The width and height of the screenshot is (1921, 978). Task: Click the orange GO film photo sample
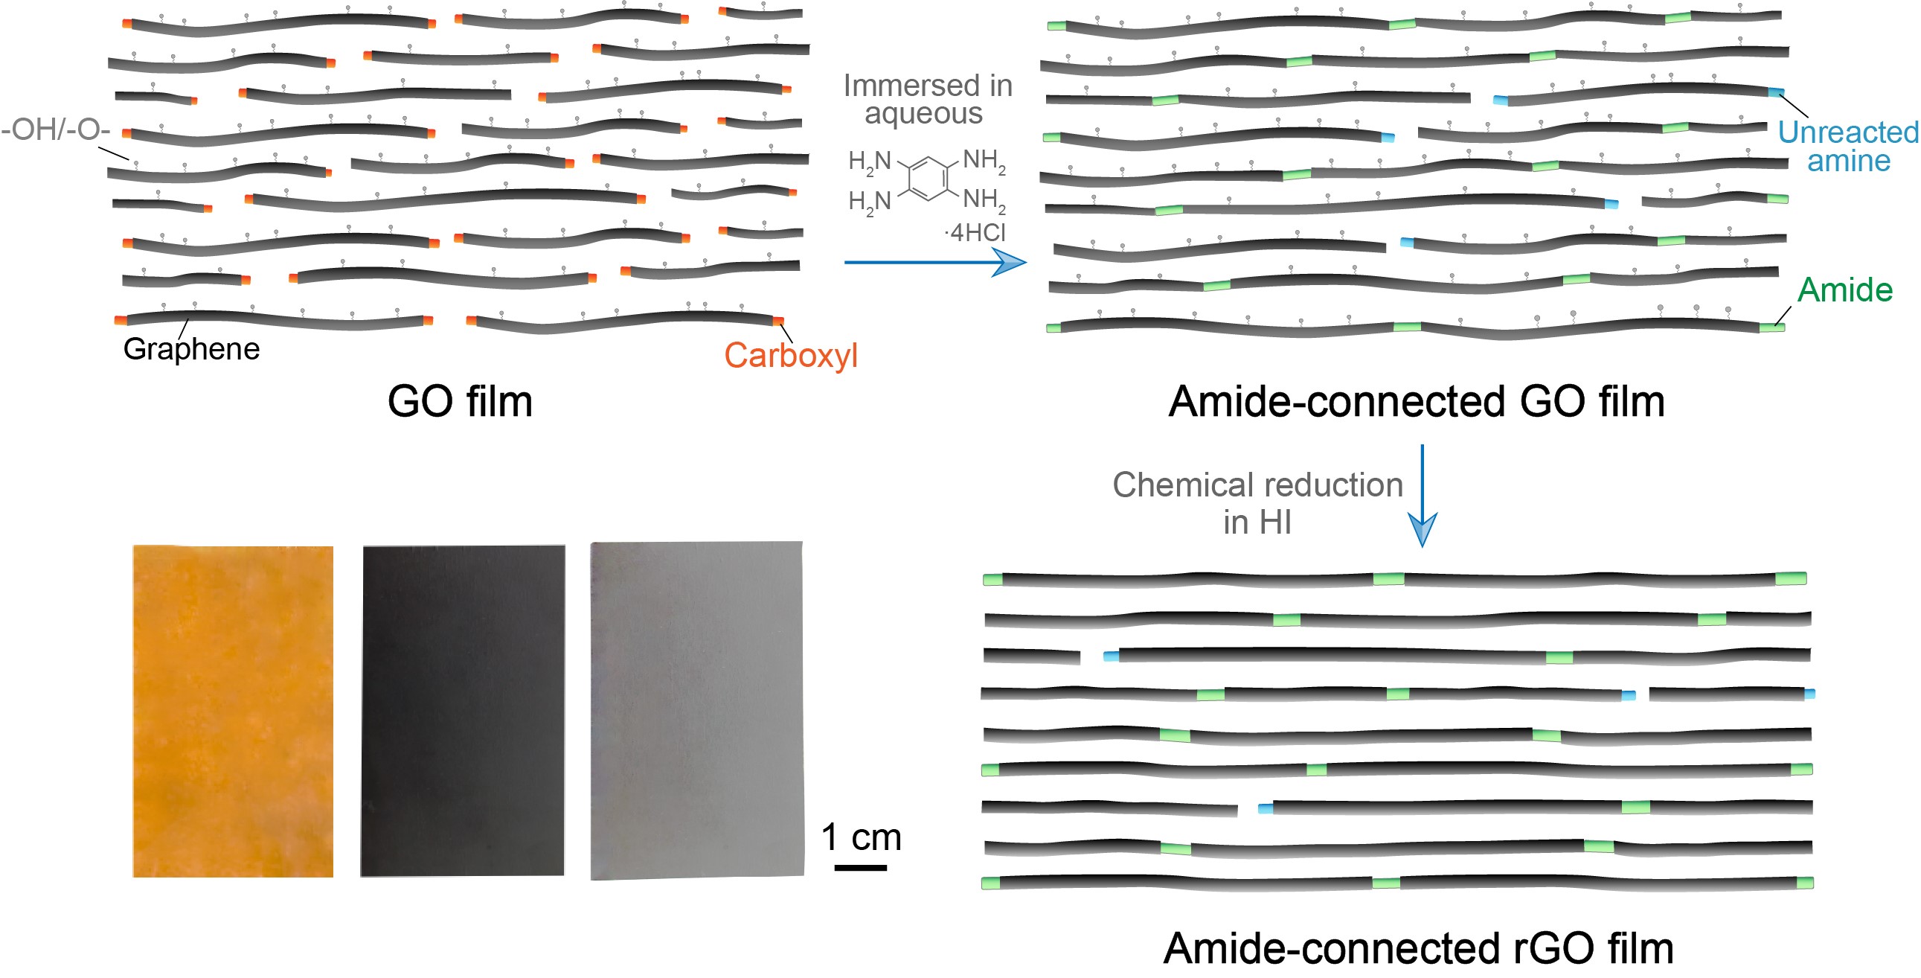(x=233, y=711)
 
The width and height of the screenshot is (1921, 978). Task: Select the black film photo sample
(x=462, y=710)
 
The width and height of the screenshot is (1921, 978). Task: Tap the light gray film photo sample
(x=697, y=710)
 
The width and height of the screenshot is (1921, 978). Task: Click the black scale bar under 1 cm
(x=861, y=868)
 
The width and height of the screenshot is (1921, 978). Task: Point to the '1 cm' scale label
(x=862, y=837)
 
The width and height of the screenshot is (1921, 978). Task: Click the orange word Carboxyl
(x=790, y=355)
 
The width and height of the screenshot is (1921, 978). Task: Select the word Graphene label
(x=192, y=349)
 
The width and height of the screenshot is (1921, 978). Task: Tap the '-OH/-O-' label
(x=56, y=130)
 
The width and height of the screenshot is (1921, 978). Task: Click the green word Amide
(x=1844, y=290)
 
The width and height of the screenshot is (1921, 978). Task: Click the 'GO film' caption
(x=460, y=401)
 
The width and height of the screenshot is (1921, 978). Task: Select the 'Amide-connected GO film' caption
(x=1416, y=401)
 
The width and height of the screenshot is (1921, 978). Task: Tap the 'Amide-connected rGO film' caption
(x=1417, y=948)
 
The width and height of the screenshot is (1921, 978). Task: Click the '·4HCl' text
(x=975, y=233)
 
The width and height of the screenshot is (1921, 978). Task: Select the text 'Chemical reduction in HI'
(x=1257, y=504)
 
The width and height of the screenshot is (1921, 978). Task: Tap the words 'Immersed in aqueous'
(x=927, y=99)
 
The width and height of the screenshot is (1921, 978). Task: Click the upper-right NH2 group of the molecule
(x=984, y=160)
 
